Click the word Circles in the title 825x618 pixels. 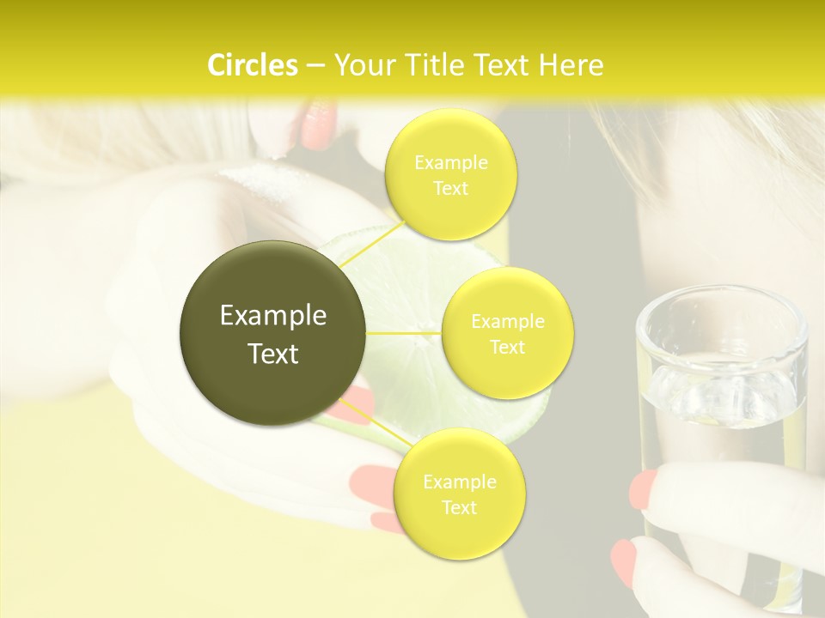[x=252, y=65]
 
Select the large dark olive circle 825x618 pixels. [x=273, y=333]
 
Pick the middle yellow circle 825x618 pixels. [x=507, y=333]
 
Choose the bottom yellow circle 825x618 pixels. [x=459, y=494]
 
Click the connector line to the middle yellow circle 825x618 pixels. [x=404, y=333]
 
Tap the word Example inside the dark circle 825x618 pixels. [x=273, y=316]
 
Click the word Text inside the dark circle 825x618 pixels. [x=273, y=354]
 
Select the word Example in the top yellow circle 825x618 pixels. [x=451, y=162]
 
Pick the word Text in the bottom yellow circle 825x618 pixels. [x=459, y=507]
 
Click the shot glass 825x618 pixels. [x=721, y=403]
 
